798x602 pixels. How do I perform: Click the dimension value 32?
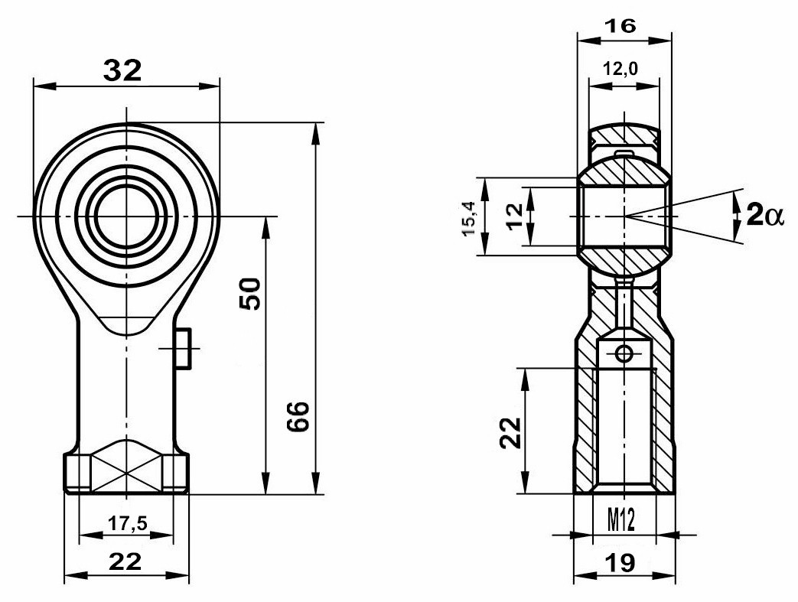[x=122, y=70]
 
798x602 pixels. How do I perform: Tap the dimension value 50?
[x=250, y=294]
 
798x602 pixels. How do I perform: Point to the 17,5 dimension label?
[x=128, y=522]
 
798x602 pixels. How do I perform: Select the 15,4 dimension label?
[x=468, y=218]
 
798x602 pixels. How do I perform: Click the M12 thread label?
[x=621, y=521]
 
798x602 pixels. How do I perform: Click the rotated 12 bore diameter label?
[x=515, y=216]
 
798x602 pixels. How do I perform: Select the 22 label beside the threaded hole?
[x=511, y=432]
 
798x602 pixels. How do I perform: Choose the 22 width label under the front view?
[x=125, y=561]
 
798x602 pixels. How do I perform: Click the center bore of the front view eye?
[x=125, y=216]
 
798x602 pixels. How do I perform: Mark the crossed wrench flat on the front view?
[x=126, y=466]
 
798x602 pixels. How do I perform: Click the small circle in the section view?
[x=624, y=353]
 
